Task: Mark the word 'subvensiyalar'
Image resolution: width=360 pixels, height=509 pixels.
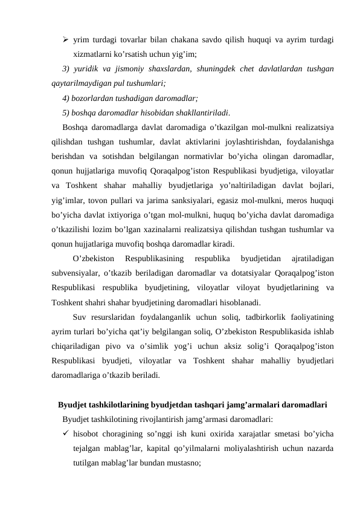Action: pos(76,274)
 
